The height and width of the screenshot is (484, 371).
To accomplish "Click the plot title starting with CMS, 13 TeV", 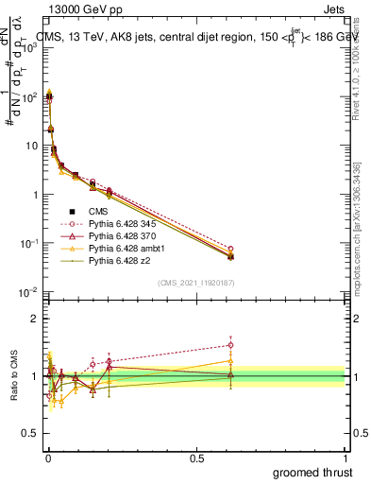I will pyautogui.click(x=189, y=38).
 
